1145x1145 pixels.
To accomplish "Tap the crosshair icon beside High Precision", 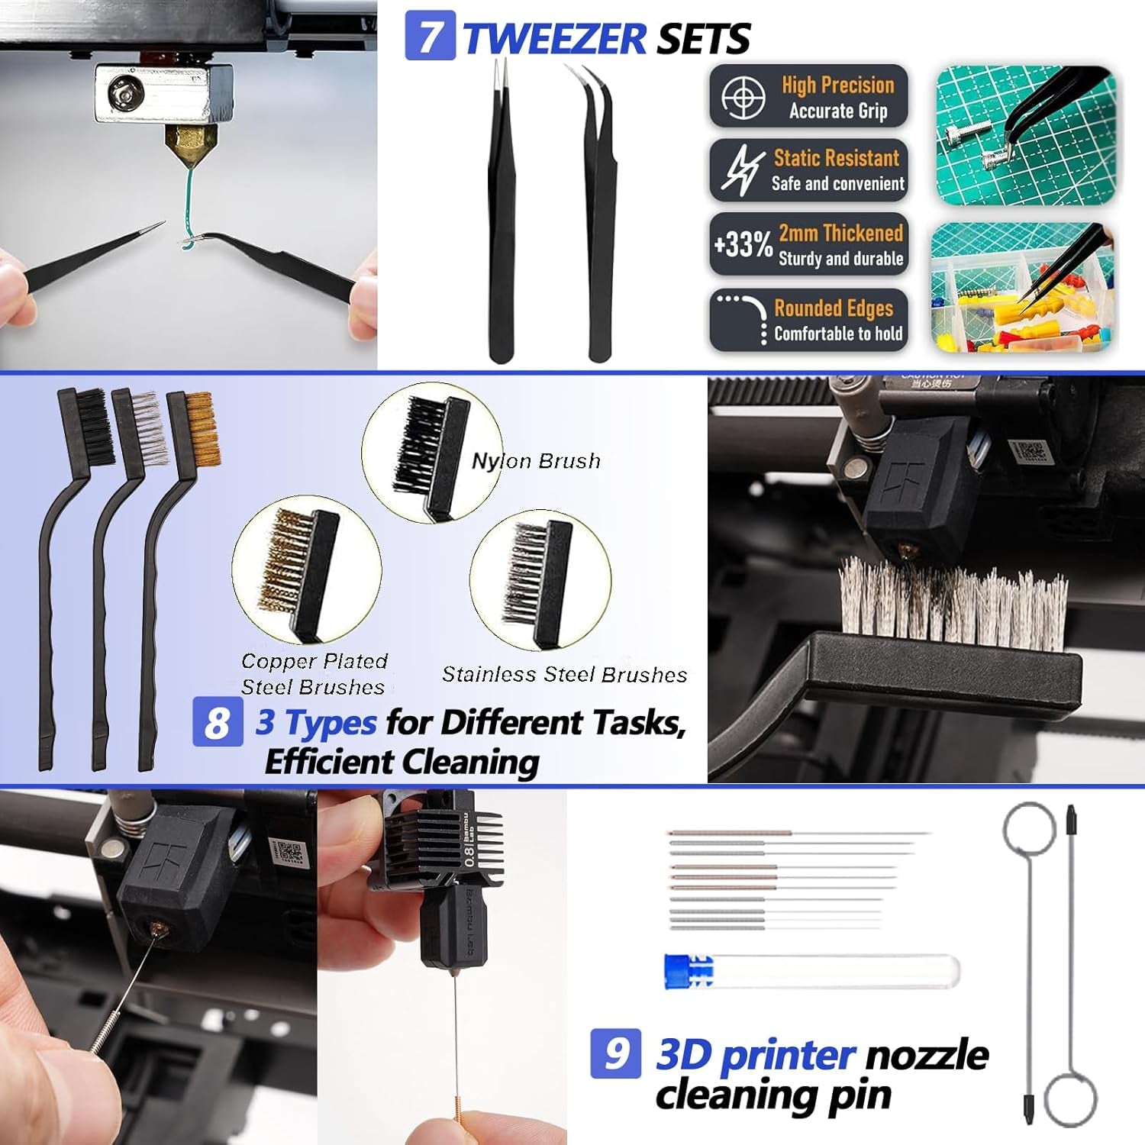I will click(743, 97).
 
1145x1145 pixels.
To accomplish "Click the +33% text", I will click(743, 245).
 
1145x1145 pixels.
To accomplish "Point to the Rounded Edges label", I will click(833, 308).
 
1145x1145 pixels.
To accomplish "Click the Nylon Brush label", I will click(536, 461).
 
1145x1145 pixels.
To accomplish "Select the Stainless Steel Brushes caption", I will click(564, 675).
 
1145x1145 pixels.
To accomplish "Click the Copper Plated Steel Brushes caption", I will click(314, 674).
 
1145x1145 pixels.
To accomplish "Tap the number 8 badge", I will click(218, 721).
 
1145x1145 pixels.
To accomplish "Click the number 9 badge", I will click(615, 1053).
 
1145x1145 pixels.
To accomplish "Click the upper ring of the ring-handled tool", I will click(1029, 829).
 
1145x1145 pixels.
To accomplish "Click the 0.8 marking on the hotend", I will click(471, 853).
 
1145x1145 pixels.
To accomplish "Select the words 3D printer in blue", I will click(755, 1055).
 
